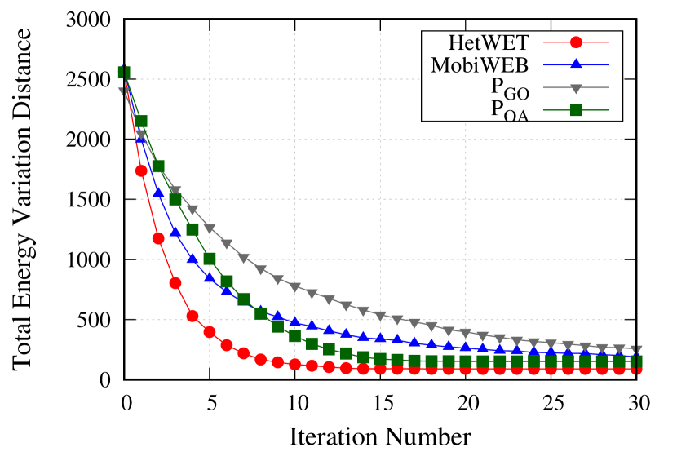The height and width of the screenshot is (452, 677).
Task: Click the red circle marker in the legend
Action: tap(576, 42)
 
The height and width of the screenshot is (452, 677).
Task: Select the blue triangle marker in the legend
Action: tap(576, 64)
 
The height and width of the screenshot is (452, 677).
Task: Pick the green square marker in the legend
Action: tap(576, 110)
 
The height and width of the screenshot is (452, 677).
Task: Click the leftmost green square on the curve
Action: tap(124, 73)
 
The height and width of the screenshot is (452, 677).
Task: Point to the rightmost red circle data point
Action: tap(636, 369)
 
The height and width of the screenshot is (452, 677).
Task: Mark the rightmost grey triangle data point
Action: tap(636, 351)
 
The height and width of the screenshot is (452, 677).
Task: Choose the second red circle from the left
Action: tap(141, 171)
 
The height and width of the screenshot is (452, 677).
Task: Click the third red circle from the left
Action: tap(158, 238)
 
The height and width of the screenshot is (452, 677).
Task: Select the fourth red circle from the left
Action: tap(175, 283)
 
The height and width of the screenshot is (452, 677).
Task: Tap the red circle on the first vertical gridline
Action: tap(210, 332)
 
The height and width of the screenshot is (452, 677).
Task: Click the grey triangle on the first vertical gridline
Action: tap(210, 229)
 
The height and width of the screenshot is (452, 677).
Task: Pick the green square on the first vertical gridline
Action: tap(210, 259)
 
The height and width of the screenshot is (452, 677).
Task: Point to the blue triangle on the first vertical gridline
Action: tap(210, 277)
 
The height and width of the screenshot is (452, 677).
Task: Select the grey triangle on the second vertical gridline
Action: tap(295, 288)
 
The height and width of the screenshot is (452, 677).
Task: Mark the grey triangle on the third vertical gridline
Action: tap(380, 316)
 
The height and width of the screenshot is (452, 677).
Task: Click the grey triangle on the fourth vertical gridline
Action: tap(466, 333)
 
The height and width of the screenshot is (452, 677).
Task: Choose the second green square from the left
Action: tap(141, 122)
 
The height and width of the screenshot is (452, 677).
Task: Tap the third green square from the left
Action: tap(158, 166)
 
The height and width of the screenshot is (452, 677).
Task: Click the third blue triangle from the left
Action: tap(158, 192)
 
